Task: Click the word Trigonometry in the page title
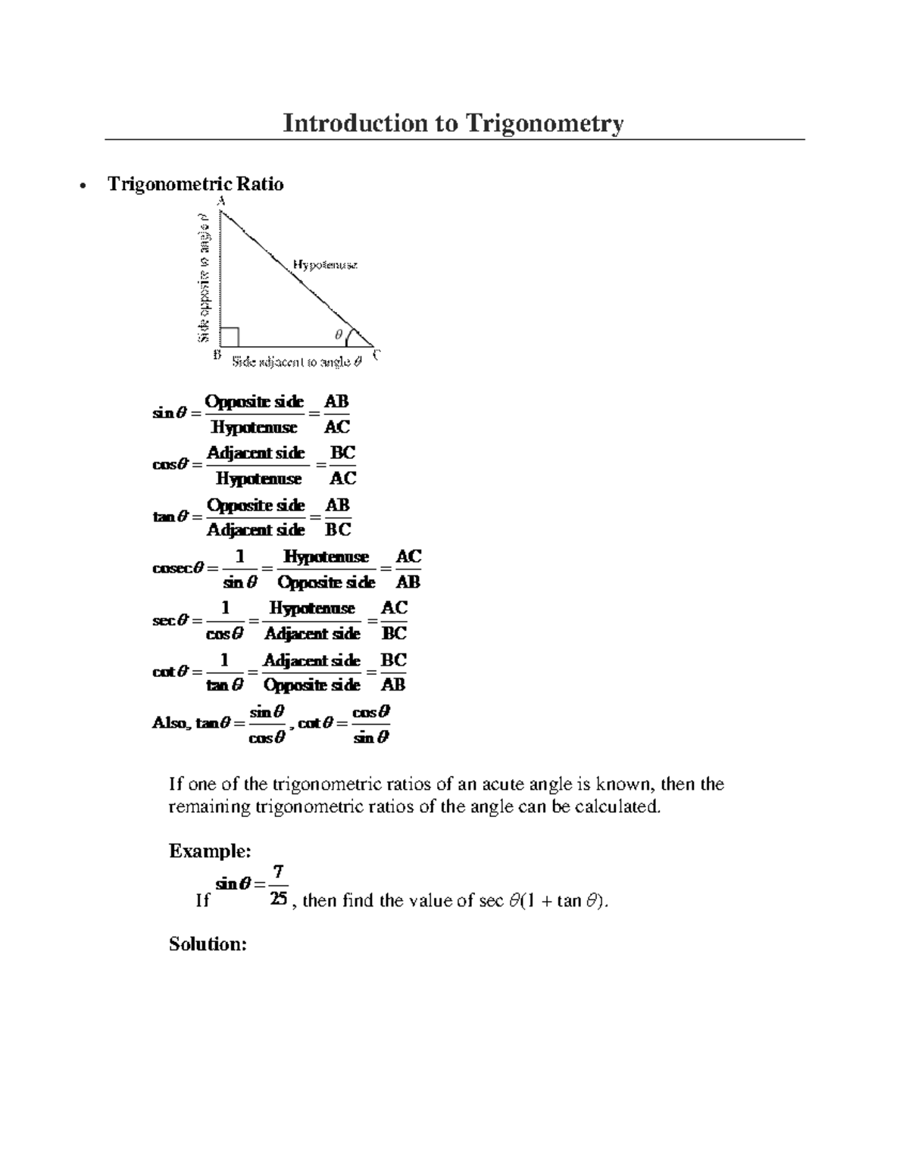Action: (544, 123)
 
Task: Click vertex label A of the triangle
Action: (221, 201)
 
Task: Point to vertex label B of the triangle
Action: (217, 354)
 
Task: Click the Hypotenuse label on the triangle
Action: (325, 265)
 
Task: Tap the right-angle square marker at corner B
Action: (230, 336)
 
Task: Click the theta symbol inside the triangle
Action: (339, 334)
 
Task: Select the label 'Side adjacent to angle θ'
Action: (296, 362)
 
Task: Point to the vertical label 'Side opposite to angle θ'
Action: (204, 277)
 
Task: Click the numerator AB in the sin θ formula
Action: (336, 401)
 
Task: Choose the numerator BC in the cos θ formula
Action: (342, 453)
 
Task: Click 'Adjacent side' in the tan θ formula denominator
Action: (255, 530)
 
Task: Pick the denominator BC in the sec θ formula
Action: (394, 633)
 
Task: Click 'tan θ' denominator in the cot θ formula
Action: (224, 685)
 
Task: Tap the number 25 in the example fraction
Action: (278, 899)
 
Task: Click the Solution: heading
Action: (208, 944)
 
